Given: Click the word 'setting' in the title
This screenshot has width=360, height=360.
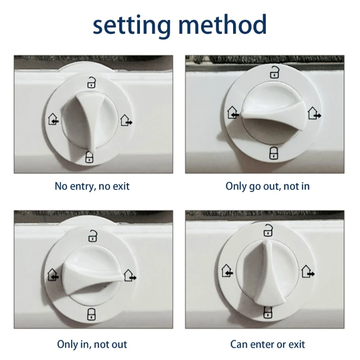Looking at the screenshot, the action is point(132,26).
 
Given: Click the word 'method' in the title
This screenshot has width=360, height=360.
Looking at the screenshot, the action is point(222,24).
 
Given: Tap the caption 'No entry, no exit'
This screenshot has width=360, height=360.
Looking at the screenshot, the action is point(92,186).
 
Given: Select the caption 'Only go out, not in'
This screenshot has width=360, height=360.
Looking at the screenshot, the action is point(267,186).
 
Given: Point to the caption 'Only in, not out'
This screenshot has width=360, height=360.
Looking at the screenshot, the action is point(92,344).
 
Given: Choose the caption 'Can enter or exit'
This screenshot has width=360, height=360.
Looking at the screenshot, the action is point(267,344).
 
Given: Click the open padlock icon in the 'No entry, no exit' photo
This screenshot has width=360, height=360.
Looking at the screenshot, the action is point(91,82).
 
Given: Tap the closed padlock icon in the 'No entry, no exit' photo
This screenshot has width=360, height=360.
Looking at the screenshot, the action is point(89,157).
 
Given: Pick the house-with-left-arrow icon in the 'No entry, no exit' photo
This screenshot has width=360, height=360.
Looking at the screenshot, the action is point(53,119).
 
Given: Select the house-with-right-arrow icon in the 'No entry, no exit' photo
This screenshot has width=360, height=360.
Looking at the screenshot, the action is point(126,120).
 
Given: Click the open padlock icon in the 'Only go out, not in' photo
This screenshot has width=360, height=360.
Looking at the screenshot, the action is point(274,72).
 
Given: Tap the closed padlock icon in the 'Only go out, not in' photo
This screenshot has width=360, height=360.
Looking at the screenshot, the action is point(274,153).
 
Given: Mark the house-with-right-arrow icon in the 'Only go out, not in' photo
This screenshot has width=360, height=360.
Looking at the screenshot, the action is point(314,113).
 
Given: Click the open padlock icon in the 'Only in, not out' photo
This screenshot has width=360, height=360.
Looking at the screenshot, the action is point(93,236).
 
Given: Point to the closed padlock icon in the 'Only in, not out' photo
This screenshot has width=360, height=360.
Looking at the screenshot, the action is point(91,314).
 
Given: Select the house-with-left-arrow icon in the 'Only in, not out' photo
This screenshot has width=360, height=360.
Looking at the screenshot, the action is point(53,274).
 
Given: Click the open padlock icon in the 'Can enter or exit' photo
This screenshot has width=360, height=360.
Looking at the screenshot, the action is point(268,230).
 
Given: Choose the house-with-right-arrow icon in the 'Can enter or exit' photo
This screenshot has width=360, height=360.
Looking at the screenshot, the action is point(308,271).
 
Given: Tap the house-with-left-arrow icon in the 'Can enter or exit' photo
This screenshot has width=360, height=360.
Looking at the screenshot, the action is point(227,270).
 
